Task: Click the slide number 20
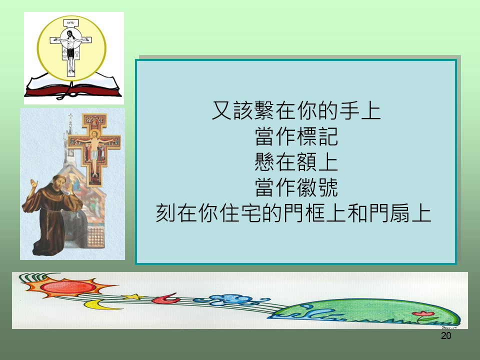tap(446, 335)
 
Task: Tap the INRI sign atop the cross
tap(71, 23)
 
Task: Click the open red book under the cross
tap(73, 86)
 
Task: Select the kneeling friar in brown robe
tap(51, 215)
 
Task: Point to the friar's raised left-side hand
tap(33, 184)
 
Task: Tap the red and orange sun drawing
tap(68, 286)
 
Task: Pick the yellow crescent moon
tap(99, 305)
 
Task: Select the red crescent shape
tap(166, 298)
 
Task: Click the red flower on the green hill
tap(423, 313)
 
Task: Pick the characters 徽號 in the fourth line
tap(317, 187)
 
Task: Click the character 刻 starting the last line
tap(166, 213)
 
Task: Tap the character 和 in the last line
tap(357, 213)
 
